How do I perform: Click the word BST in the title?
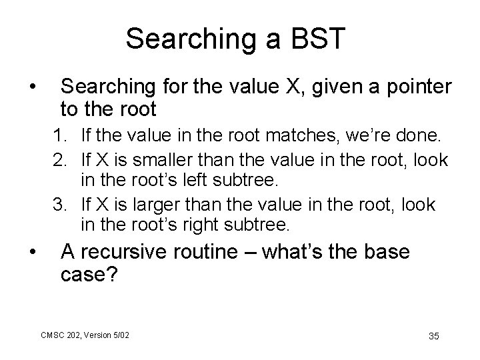tap(317, 39)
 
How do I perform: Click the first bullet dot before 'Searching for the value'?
tap(31, 87)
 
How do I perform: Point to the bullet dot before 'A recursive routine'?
tap(31, 253)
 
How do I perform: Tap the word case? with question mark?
tap(89, 275)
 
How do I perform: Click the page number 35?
tap(433, 334)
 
